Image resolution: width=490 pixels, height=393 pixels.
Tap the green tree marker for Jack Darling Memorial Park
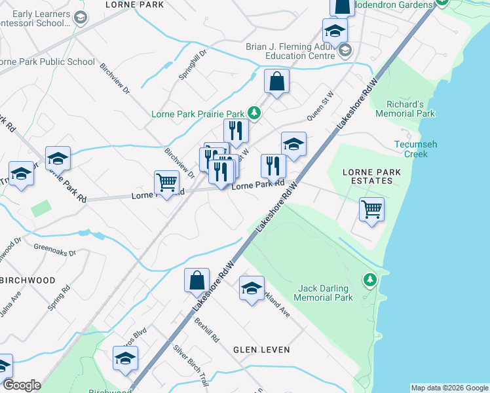(370, 280)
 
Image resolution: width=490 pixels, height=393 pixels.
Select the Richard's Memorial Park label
(405, 109)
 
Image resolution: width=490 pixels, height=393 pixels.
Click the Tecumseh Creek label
(416, 149)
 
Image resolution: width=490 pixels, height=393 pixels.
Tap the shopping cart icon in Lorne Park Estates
(371, 210)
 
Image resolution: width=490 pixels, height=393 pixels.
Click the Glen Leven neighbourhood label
(261, 350)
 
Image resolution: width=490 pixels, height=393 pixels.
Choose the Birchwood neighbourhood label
(28, 280)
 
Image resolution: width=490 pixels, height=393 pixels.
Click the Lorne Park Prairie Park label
(197, 113)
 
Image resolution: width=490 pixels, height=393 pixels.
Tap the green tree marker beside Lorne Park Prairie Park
(253, 113)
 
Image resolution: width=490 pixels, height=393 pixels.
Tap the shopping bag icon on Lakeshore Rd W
(197, 280)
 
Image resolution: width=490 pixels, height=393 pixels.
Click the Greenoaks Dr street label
(54, 251)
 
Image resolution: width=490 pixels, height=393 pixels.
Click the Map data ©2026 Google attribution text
(449, 388)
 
